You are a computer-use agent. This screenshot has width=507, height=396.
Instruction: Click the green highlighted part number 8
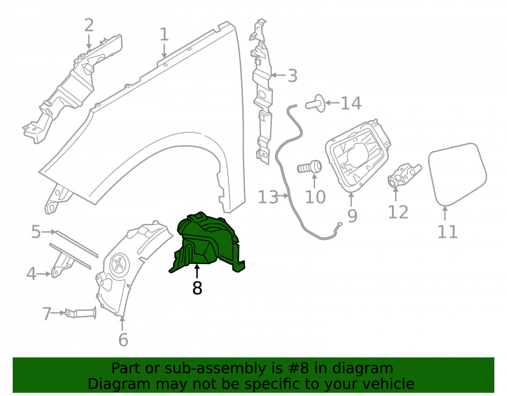pos(207,242)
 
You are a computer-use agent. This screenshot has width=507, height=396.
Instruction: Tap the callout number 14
pos(351,103)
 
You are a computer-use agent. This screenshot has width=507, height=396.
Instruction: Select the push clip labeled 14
pos(315,103)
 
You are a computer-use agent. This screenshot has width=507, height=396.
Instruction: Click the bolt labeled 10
pos(309,167)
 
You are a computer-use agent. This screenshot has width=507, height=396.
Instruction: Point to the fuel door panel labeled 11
pos(457,174)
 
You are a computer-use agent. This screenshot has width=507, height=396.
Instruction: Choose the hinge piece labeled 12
pos(404,175)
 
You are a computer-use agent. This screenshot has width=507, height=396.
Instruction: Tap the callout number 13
pos(268,197)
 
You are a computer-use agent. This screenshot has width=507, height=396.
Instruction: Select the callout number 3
pos(293,76)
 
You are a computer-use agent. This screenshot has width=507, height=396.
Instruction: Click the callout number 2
pos(89,25)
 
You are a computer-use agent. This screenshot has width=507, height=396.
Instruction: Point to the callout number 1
pos(164,34)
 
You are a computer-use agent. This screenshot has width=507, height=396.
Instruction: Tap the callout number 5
pos(36,232)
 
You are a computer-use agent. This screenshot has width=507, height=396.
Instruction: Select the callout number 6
pos(123,340)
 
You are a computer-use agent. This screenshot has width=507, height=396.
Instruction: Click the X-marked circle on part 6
pos(120,264)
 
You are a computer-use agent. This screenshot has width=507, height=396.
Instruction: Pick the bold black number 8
pos(197,288)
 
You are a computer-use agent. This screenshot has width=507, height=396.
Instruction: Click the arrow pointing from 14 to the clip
pos(333,103)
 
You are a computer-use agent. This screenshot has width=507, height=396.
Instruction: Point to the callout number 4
pos(31,274)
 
